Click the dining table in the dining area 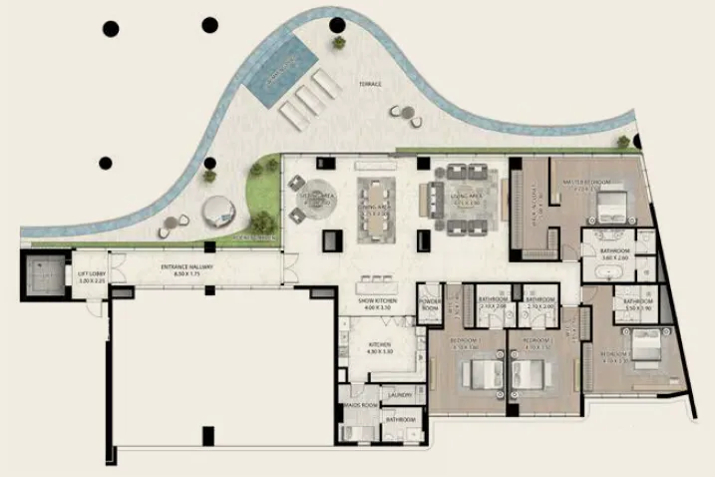[377, 210]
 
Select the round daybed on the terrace [217, 211]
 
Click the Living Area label [468, 199]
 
